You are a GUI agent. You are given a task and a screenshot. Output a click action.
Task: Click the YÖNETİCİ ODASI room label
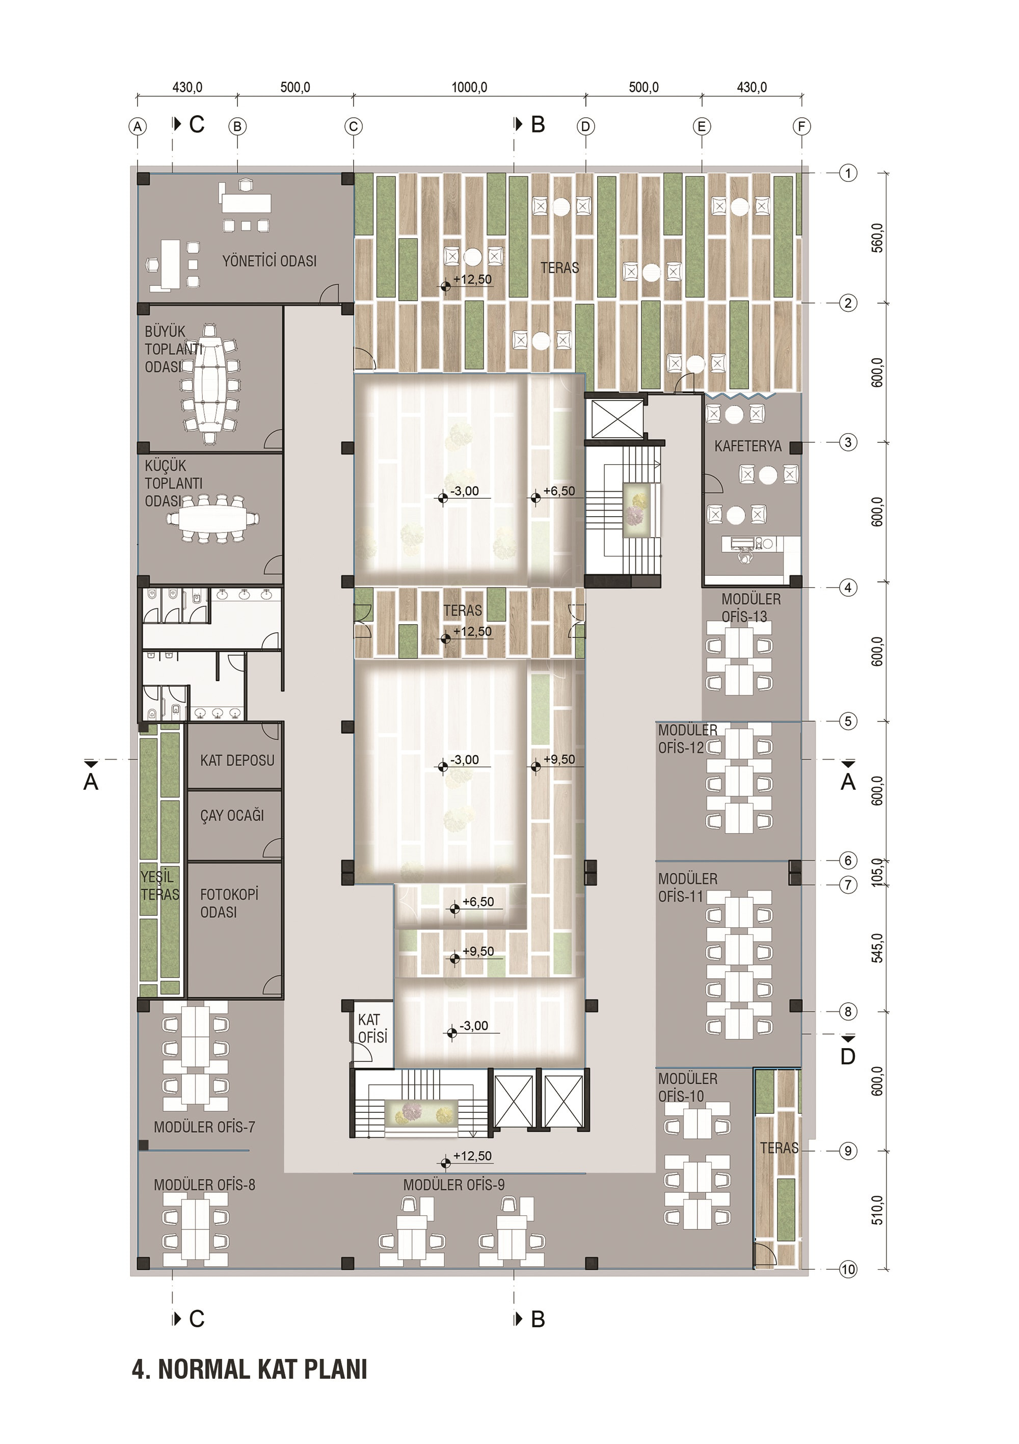pyautogui.click(x=269, y=261)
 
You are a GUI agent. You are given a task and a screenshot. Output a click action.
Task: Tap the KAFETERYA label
pyautogui.click(x=748, y=446)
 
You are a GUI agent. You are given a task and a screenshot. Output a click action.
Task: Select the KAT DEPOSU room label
pyautogui.click(x=237, y=760)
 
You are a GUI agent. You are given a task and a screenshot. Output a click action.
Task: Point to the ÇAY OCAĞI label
pyautogui.click(x=232, y=816)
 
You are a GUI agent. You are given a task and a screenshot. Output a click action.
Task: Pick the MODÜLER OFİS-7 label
pyautogui.click(x=204, y=1127)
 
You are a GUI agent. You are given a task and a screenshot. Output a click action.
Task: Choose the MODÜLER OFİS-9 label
pyautogui.click(x=453, y=1185)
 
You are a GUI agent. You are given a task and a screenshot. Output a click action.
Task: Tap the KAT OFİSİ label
pyautogui.click(x=372, y=1028)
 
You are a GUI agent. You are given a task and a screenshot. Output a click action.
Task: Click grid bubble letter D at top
pyautogui.click(x=585, y=126)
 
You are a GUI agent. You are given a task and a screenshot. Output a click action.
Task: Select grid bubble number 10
pyautogui.click(x=848, y=1269)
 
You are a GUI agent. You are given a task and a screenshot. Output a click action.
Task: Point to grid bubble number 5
pyautogui.click(x=848, y=721)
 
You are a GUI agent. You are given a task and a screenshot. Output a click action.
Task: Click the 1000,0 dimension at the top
pyautogui.click(x=469, y=88)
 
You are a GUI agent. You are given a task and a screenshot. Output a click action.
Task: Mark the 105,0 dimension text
pyautogui.click(x=877, y=872)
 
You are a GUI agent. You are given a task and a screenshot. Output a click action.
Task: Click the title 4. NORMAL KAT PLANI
pyautogui.click(x=250, y=1369)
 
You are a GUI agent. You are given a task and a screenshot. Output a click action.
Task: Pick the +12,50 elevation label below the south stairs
pyautogui.click(x=472, y=1156)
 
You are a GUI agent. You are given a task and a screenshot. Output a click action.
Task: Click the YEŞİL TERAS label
pyautogui.click(x=160, y=886)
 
